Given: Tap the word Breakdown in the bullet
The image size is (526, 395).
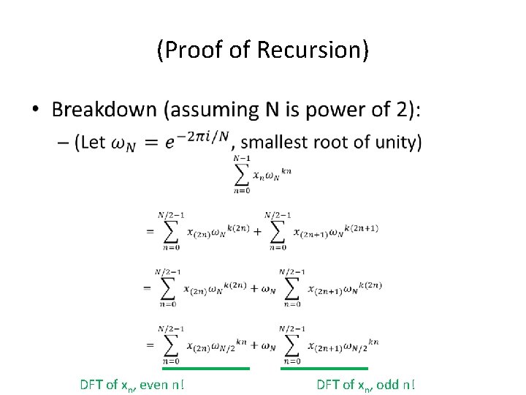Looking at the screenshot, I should pyautogui.click(x=104, y=110).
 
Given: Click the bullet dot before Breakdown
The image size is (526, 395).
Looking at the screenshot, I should pyautogui.click(x=35, y=110).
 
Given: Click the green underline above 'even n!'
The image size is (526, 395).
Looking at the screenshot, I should pyautogui.click(x=216, y=368).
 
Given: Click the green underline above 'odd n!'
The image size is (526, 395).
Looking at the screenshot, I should pyautogui.click(x=334, y=368).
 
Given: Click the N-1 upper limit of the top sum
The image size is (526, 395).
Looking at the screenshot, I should pyautogui.click(x=242, y=158).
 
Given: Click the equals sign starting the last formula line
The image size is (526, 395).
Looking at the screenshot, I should pyautogui.click(x=150, y=344).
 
